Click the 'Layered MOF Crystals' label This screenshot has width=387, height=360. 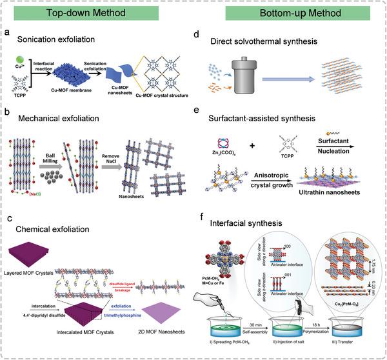[x=41, y=254]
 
